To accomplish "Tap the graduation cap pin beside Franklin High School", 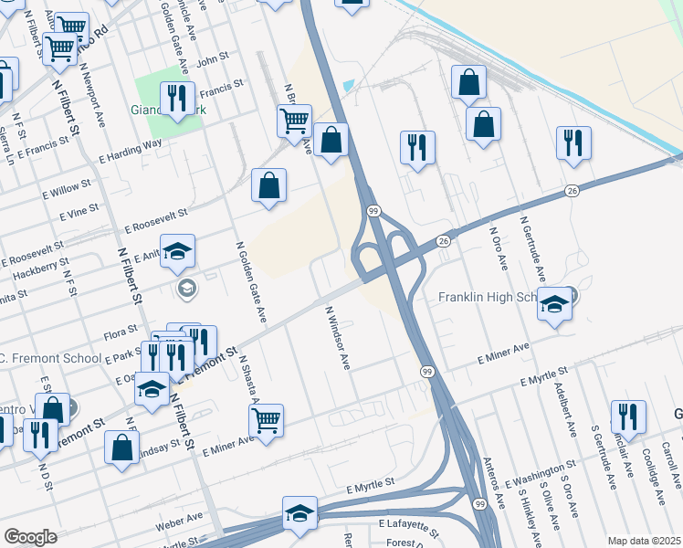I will (553, 305).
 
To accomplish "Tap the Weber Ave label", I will (179, 522).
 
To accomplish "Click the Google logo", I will (30, 537).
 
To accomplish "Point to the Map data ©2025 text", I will (643, 541).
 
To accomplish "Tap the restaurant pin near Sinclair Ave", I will (627, 416).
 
